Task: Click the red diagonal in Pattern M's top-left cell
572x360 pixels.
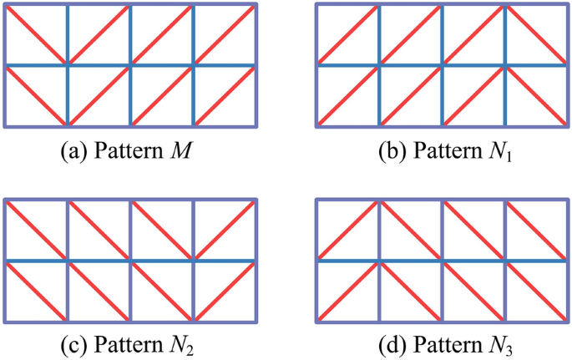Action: click(x=37, y=34)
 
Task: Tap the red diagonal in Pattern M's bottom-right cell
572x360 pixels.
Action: click(x=225, y=96)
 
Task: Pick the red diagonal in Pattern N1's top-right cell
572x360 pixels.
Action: click(x=538, y=34)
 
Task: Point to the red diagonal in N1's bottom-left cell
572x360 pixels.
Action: click(x=349, y=96)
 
